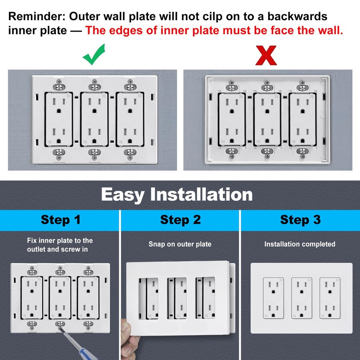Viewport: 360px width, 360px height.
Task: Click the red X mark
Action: coord(266,55)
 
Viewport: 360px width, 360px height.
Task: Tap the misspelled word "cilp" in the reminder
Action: coord(213,16)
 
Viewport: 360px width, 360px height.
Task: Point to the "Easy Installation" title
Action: coord(177,194)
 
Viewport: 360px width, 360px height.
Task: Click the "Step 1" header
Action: coord(61,220)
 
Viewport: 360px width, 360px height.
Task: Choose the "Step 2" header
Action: coord(180,220)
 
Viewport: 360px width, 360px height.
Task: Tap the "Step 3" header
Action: coord(300,220)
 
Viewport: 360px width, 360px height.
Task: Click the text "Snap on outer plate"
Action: coord(180,244)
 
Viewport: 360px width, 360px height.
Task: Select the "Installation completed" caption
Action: coord(300,244)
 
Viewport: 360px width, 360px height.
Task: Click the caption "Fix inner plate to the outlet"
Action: coord(60,245)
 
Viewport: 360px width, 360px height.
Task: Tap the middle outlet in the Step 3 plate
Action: coord(301,298)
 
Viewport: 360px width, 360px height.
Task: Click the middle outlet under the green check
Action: coord(94,119)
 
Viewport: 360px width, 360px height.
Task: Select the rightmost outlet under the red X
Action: coord(302,120)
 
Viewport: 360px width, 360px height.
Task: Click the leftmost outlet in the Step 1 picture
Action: coord(32,298)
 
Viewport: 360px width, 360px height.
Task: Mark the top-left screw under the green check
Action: coord(59,82)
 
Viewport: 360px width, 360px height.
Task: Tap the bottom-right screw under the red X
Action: coord(302,157)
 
